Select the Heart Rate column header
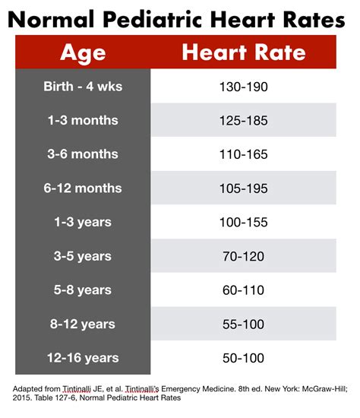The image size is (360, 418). [243, 52]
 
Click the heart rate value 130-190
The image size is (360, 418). [243, 86]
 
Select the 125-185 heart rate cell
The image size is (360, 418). [243, 120]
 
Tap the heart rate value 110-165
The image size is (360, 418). [243, 154]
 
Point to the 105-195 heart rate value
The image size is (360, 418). [243, 188]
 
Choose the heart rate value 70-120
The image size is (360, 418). [243, 257]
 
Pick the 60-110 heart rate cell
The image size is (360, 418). [243, 290]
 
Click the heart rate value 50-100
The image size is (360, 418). [243, 358]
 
